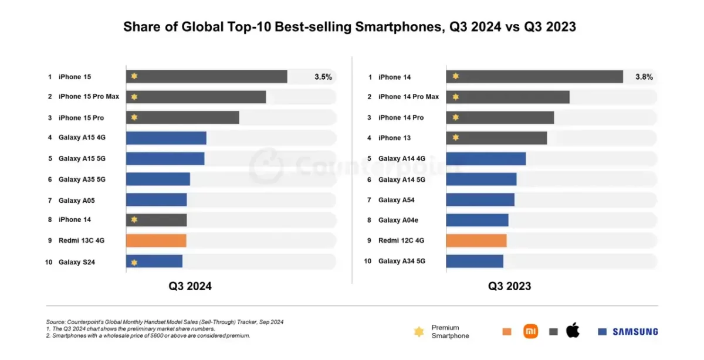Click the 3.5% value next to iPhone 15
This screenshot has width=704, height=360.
point(323,77)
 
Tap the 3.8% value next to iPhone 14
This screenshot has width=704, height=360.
point(644,77)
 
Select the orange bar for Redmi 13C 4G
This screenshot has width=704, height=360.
point(156,240)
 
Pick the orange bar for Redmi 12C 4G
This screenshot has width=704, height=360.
point(476,240)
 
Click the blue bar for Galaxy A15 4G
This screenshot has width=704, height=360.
point(166,138)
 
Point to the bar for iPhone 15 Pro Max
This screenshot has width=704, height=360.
point(196,97)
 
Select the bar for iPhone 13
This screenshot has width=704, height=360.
point(496,138)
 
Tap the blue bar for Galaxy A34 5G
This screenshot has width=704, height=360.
point(475,261)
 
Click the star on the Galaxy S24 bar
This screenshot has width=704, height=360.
point(134,262)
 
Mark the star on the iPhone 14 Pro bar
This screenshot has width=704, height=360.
point(455,117)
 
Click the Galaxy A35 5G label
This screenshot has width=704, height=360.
point(82,179)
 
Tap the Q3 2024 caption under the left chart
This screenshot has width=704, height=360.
point(190,286)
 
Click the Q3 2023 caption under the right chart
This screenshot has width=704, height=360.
point(510,286)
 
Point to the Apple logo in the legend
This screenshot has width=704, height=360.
point(573,331)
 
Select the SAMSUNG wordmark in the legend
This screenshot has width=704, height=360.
point(635,332)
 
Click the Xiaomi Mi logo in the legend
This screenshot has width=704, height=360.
point(530,331)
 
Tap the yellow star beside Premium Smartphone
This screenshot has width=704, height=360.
point(419,332)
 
